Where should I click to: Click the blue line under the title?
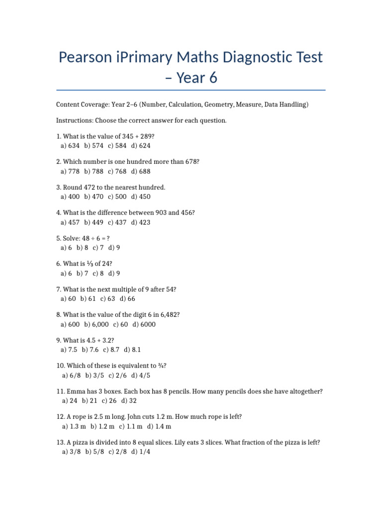click(x=191, y=90)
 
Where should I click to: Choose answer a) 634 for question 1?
click(x=70, y=146)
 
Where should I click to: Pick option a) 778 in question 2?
click(x=70, y=171)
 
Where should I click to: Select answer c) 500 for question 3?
click(x=117, y=197)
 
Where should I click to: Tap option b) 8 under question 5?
click(x=83, y=248)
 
